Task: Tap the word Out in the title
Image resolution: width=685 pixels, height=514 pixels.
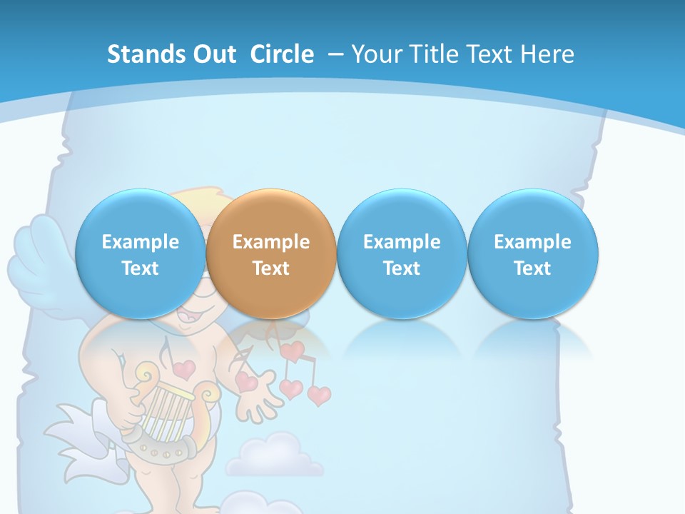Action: pos(215,54)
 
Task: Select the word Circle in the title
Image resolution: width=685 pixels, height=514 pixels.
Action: pos(282,54)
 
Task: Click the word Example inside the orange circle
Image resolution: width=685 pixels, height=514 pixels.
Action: pos(271,242)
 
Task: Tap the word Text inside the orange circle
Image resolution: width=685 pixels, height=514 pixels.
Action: pos(271,268)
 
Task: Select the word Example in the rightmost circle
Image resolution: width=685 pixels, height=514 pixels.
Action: pos(533,242)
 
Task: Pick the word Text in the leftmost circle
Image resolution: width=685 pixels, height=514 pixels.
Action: pos(141,268)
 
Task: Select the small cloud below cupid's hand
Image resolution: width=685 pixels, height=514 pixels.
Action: pos(275,457)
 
